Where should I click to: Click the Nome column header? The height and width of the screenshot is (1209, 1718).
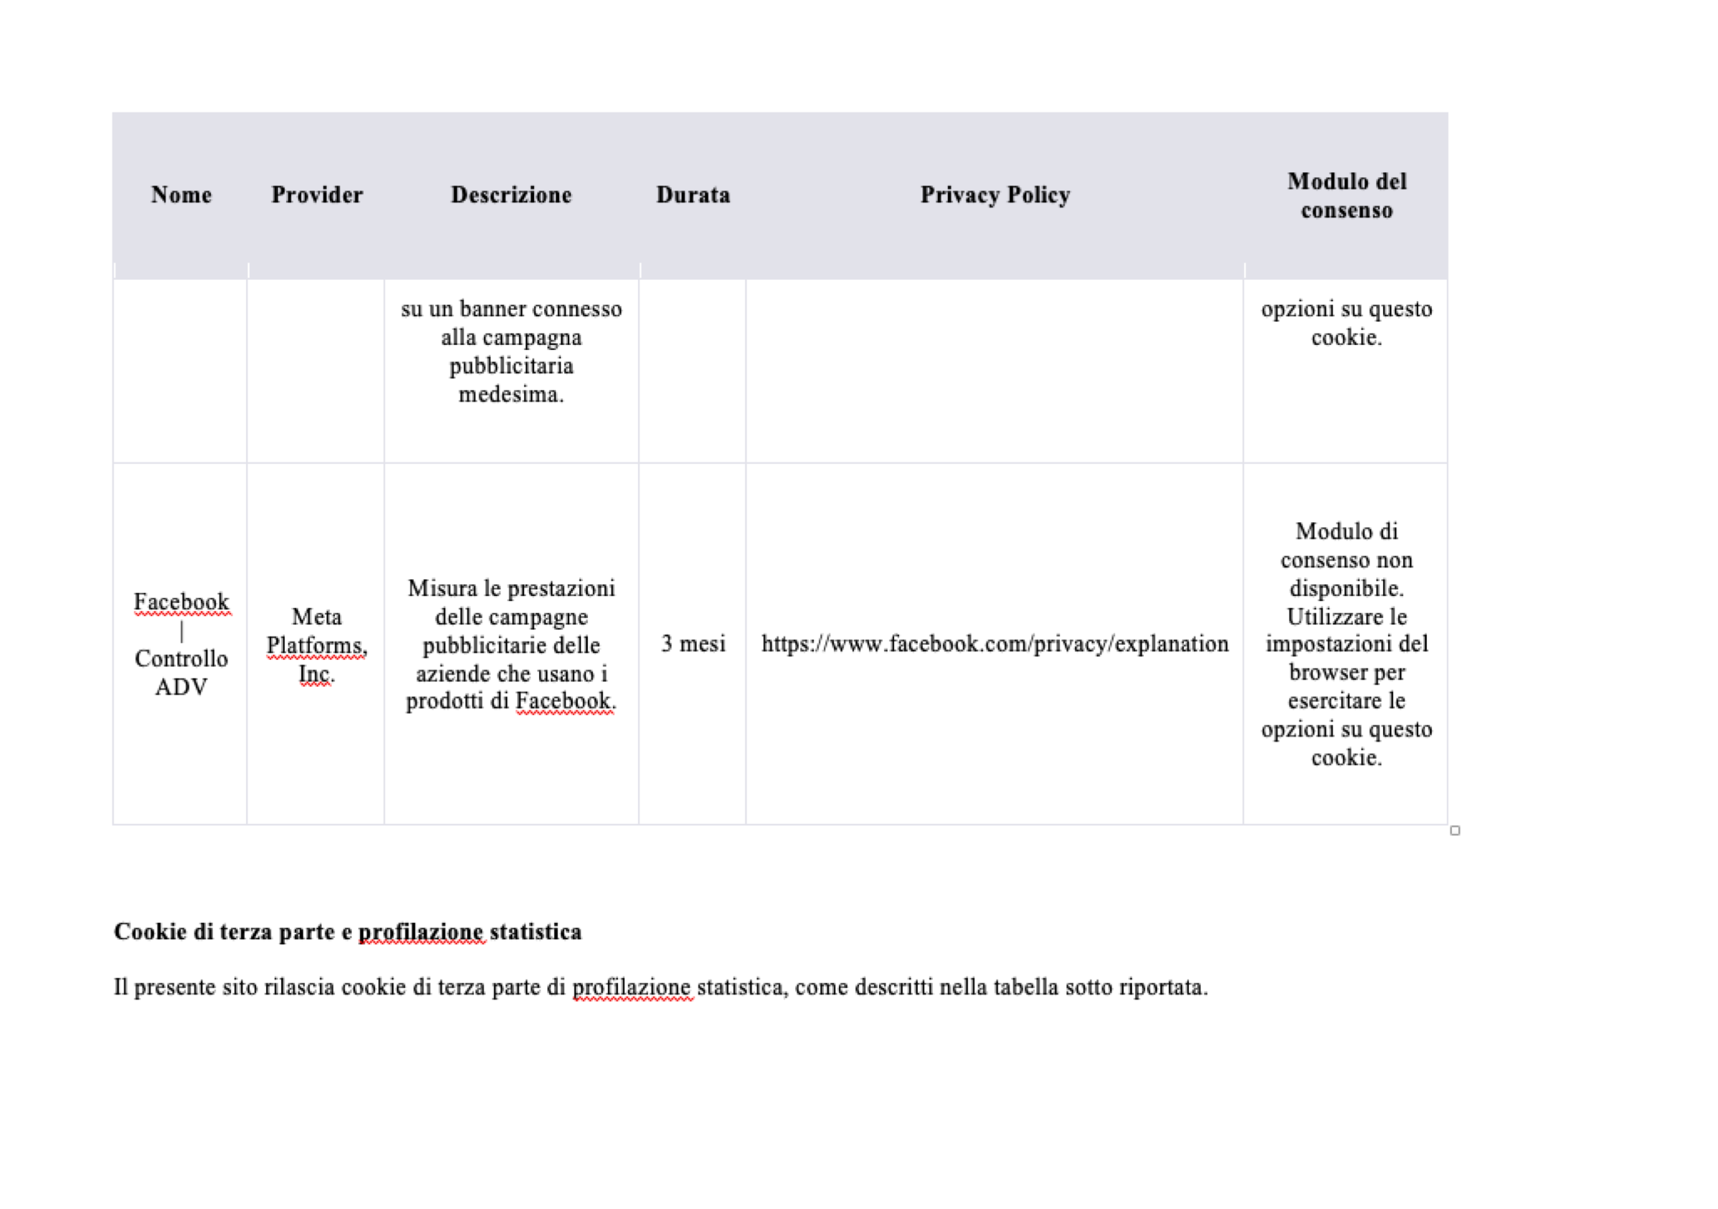[x=181, y=195]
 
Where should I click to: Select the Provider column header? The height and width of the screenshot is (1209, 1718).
[x=316, y=195]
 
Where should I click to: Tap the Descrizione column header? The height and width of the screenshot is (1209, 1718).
[x=511, y=195]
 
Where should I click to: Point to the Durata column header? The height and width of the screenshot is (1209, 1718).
[x=693, y=195]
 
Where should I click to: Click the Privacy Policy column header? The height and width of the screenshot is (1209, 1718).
[x=995, y=195]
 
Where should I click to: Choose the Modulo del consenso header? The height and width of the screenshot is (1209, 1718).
[x=1346, y=195]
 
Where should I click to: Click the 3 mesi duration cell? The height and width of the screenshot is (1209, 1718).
[x=693, y=644]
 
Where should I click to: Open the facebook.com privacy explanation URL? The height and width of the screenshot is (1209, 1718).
[x=995, y=644]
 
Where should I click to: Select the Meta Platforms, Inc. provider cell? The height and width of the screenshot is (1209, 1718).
[x=316, y=645]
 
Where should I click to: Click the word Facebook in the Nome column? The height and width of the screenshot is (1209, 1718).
[x=181, y=602]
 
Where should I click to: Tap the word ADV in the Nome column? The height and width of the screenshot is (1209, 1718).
[x=181, y=688]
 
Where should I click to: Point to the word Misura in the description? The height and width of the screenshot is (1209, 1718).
[x=442, y=589]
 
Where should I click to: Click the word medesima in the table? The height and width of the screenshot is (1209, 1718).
[x=511, y=394]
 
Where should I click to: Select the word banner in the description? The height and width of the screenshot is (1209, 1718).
[x=493, y=309]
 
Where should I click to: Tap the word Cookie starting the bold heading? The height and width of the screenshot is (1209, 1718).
[x=150, y=932]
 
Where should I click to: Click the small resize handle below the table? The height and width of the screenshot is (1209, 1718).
[x=1455, y=830]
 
